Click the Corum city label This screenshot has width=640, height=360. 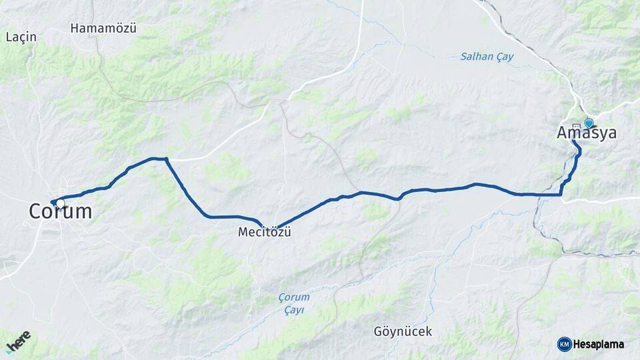(60, 212)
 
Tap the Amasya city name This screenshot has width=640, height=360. (587, 133)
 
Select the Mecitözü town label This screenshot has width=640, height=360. (265, 233)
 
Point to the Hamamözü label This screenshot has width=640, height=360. (103, 28)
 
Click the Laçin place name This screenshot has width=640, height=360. (21, 37)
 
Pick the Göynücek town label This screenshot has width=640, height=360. (403, 331)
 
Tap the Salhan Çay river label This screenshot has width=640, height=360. (487, 57)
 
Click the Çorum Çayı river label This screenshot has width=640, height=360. (294, 303)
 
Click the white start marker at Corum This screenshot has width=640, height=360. (61, 203)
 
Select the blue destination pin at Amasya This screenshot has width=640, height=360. (589, 123)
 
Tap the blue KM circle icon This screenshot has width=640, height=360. (564, 344)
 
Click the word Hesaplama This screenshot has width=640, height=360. (599, 344)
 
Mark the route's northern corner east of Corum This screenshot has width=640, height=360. (165, 159)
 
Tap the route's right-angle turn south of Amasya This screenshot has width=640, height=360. (561, 195)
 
